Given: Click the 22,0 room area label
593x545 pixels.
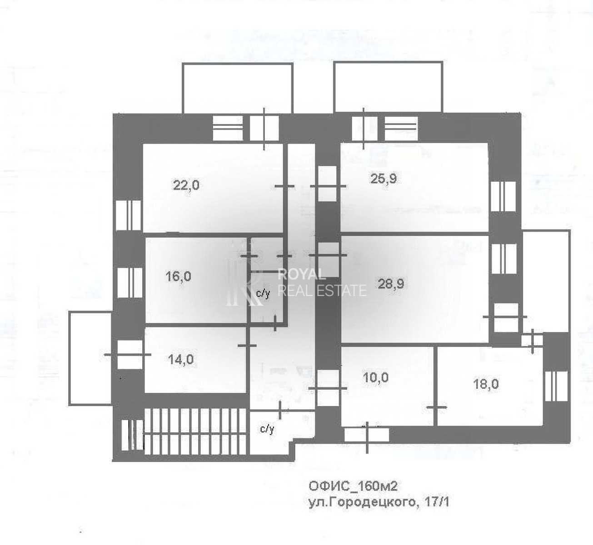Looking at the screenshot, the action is [186, 186].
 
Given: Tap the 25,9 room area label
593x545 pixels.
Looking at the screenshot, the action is [384, 178].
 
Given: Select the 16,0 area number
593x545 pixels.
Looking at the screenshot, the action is [178, 277].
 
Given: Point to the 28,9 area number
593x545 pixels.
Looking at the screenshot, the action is [391, 284].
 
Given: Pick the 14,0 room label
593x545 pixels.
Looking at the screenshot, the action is [180, 359].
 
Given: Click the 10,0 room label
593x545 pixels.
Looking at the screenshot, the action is [375, 377].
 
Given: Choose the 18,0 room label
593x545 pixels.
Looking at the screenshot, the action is [486, 384].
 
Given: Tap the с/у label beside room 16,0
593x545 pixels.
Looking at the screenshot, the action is [263, 294].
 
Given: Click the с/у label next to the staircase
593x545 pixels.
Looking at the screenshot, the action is [267, 429].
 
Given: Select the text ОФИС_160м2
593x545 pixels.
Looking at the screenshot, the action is [353, 486].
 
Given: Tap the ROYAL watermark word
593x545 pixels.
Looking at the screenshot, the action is [302, 275].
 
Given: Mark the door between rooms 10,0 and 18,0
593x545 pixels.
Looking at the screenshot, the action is [437, 407].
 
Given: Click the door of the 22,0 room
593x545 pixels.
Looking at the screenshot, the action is [284, 186].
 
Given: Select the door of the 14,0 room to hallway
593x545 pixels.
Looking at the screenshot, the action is [247, 346].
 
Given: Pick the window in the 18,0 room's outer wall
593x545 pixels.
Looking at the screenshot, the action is [556, 386].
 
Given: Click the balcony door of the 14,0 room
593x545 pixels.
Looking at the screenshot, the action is [130, 355].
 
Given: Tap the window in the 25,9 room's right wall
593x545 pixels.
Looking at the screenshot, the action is [503, 196].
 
